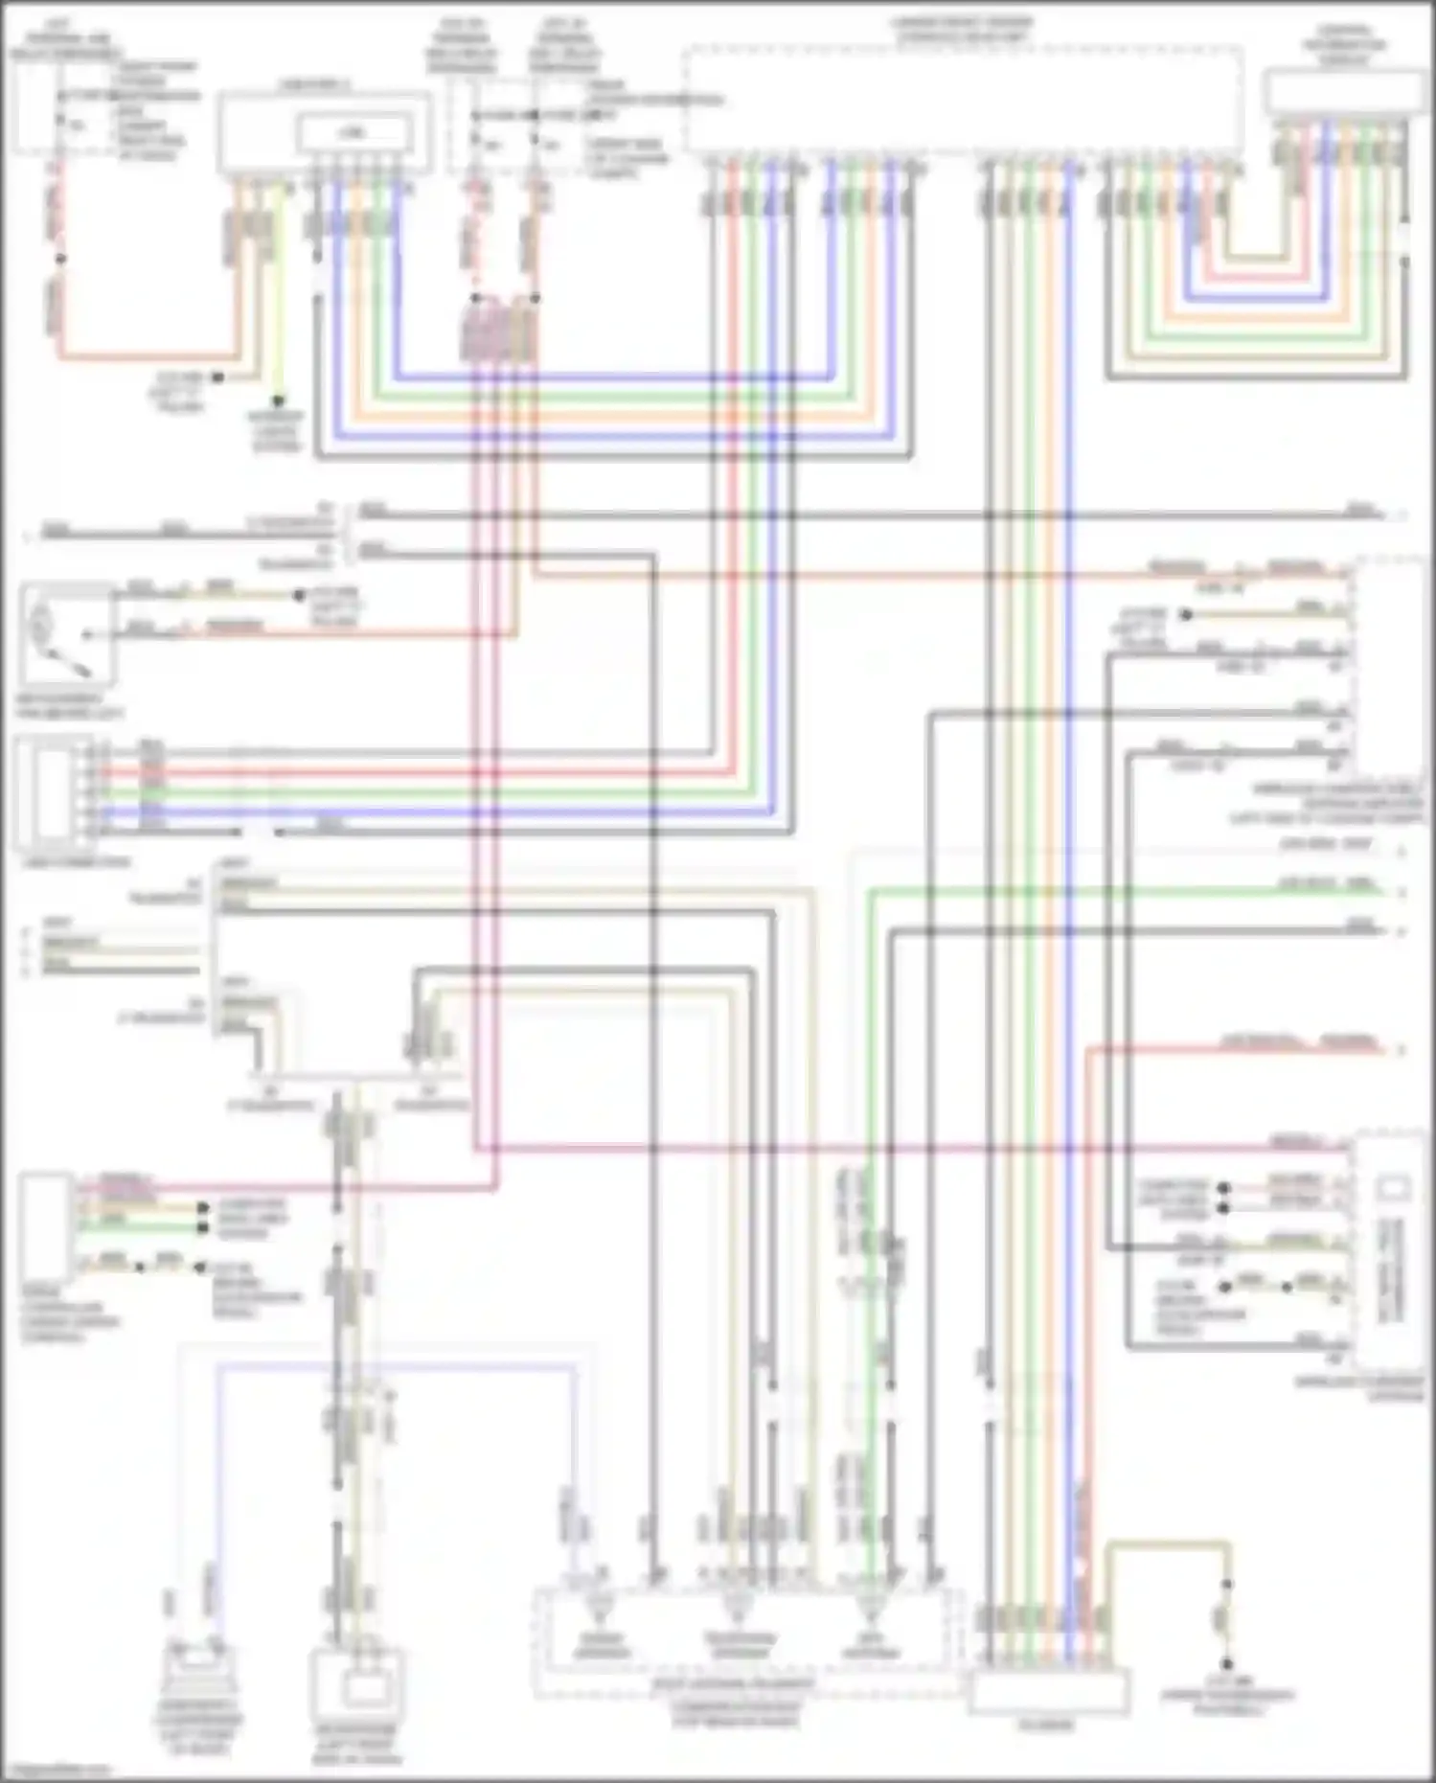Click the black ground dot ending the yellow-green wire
(278, 400)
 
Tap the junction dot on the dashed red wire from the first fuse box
(59, 259)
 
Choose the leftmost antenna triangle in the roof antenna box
(599, 1604)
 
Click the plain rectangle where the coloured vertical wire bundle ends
(1048, 1691)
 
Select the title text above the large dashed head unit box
(964, 29)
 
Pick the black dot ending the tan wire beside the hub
(217, 377)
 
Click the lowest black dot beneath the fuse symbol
(1226, 1665)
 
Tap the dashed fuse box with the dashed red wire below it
(38, 105)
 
